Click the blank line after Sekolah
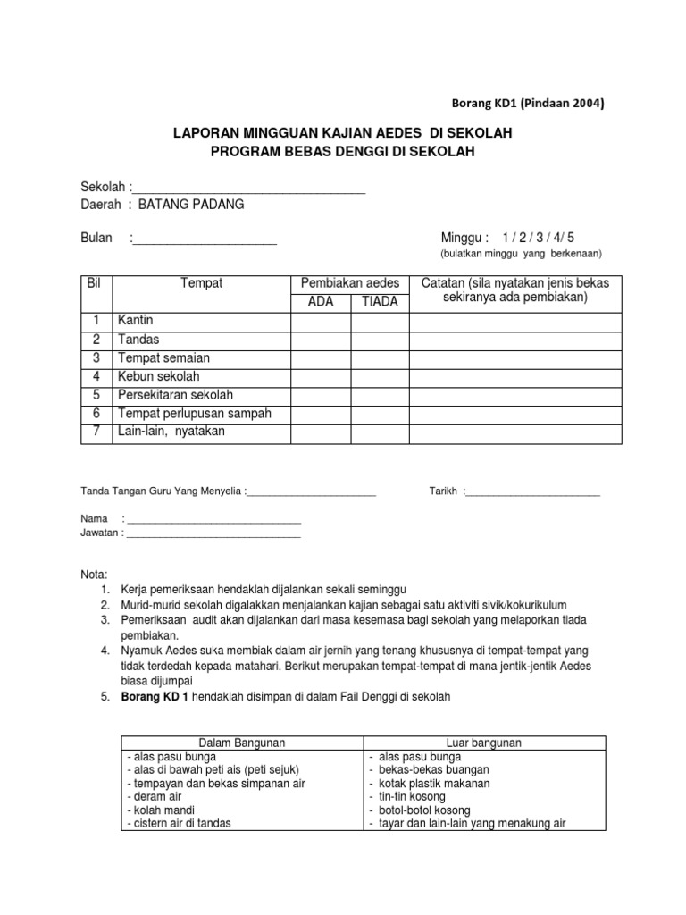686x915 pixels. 249,188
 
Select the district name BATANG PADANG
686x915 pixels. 190,204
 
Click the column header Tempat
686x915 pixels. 201,283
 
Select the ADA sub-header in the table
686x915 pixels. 320,301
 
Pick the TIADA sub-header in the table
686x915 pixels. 380,301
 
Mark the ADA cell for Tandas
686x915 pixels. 320,340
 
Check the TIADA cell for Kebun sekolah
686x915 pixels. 380,376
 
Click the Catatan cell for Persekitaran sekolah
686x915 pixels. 514,395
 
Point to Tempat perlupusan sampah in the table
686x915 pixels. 194,414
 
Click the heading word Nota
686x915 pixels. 94,574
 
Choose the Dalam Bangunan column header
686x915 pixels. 241,743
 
